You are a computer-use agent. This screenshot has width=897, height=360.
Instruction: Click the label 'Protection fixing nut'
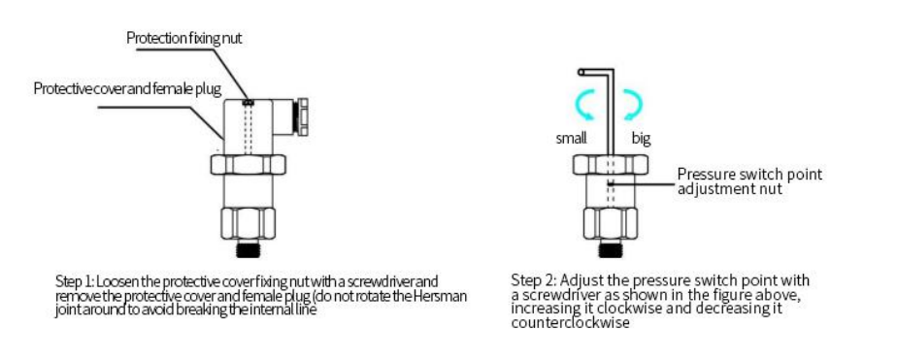coord(184,38)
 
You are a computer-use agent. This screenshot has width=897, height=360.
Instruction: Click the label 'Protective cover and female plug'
coord(127,89)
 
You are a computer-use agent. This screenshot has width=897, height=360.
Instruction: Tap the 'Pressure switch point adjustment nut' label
coord(749,181)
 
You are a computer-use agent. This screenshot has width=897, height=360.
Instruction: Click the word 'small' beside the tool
coord(572,139)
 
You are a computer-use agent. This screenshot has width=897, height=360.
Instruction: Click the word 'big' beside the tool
coord(641,139)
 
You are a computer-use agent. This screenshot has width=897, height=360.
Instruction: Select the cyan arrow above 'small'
coord(585,105)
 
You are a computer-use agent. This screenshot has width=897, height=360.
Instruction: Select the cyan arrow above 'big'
coord(633,105)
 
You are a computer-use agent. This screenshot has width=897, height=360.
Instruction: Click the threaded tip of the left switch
coord(249,249)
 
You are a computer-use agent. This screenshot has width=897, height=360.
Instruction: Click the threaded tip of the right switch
coord(611,249)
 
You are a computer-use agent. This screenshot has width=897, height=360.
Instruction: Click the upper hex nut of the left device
coord(249,165)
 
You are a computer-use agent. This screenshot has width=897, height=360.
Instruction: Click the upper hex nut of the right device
coord(611,165)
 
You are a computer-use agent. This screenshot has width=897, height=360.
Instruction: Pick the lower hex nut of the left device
coord(249,224)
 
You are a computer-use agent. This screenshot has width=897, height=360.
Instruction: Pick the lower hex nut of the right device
coord(611,224)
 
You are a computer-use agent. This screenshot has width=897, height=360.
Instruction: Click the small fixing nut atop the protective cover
coord(249,102)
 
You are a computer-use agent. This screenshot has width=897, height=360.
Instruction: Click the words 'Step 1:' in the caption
coord(75,281)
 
